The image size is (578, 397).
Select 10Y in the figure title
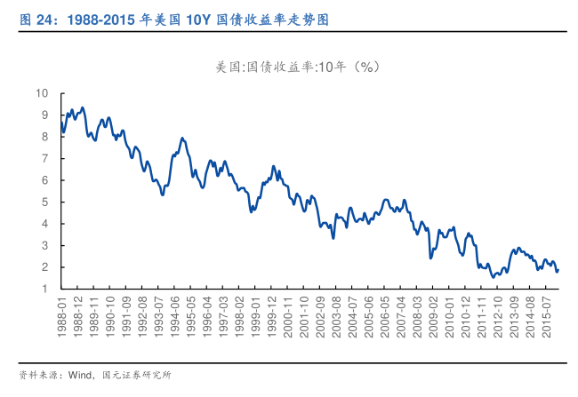click(200, 18)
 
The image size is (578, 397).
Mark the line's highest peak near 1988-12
click(83, 107)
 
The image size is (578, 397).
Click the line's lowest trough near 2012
click(494, 277)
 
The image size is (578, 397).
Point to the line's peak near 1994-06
click(182, 138)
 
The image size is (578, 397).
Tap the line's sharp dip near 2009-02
click(430, 258)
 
